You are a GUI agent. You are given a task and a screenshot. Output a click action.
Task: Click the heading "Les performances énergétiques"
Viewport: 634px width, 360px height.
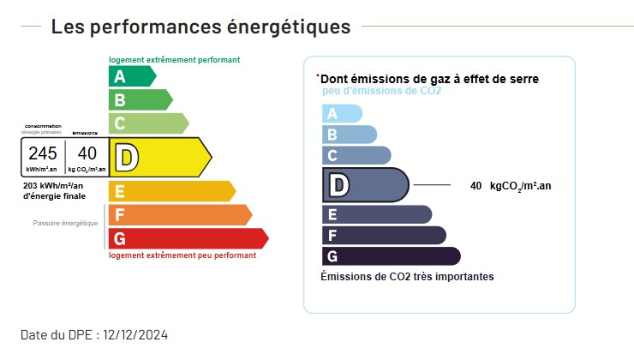point(200,27)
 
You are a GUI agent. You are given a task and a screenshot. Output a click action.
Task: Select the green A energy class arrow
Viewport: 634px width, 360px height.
point(131,76)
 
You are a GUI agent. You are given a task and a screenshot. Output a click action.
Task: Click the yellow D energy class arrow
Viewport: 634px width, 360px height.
point(159,157)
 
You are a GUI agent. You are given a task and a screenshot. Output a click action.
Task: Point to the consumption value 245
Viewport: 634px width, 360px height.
point(43,153)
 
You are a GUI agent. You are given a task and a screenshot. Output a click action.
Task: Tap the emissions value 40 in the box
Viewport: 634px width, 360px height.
point(87,153)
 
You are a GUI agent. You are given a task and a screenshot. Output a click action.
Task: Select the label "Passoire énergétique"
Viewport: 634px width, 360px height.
point(66,223)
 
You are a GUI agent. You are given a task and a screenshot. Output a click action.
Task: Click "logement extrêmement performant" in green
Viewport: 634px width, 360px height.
point(174,60)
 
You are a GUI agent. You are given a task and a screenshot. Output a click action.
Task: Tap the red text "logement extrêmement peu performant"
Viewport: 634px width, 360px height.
point(182,255)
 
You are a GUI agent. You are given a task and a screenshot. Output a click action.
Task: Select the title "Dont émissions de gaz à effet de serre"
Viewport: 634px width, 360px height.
point(428,79)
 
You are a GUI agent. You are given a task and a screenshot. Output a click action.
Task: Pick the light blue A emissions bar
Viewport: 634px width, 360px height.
point(341,113)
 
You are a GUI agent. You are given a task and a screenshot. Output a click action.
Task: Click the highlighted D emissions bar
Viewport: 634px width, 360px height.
point(364,184)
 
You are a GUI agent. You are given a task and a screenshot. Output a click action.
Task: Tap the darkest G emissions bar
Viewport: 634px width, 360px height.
point(390,255)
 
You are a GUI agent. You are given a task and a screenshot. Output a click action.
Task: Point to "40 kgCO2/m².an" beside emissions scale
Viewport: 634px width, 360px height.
point(511,185)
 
